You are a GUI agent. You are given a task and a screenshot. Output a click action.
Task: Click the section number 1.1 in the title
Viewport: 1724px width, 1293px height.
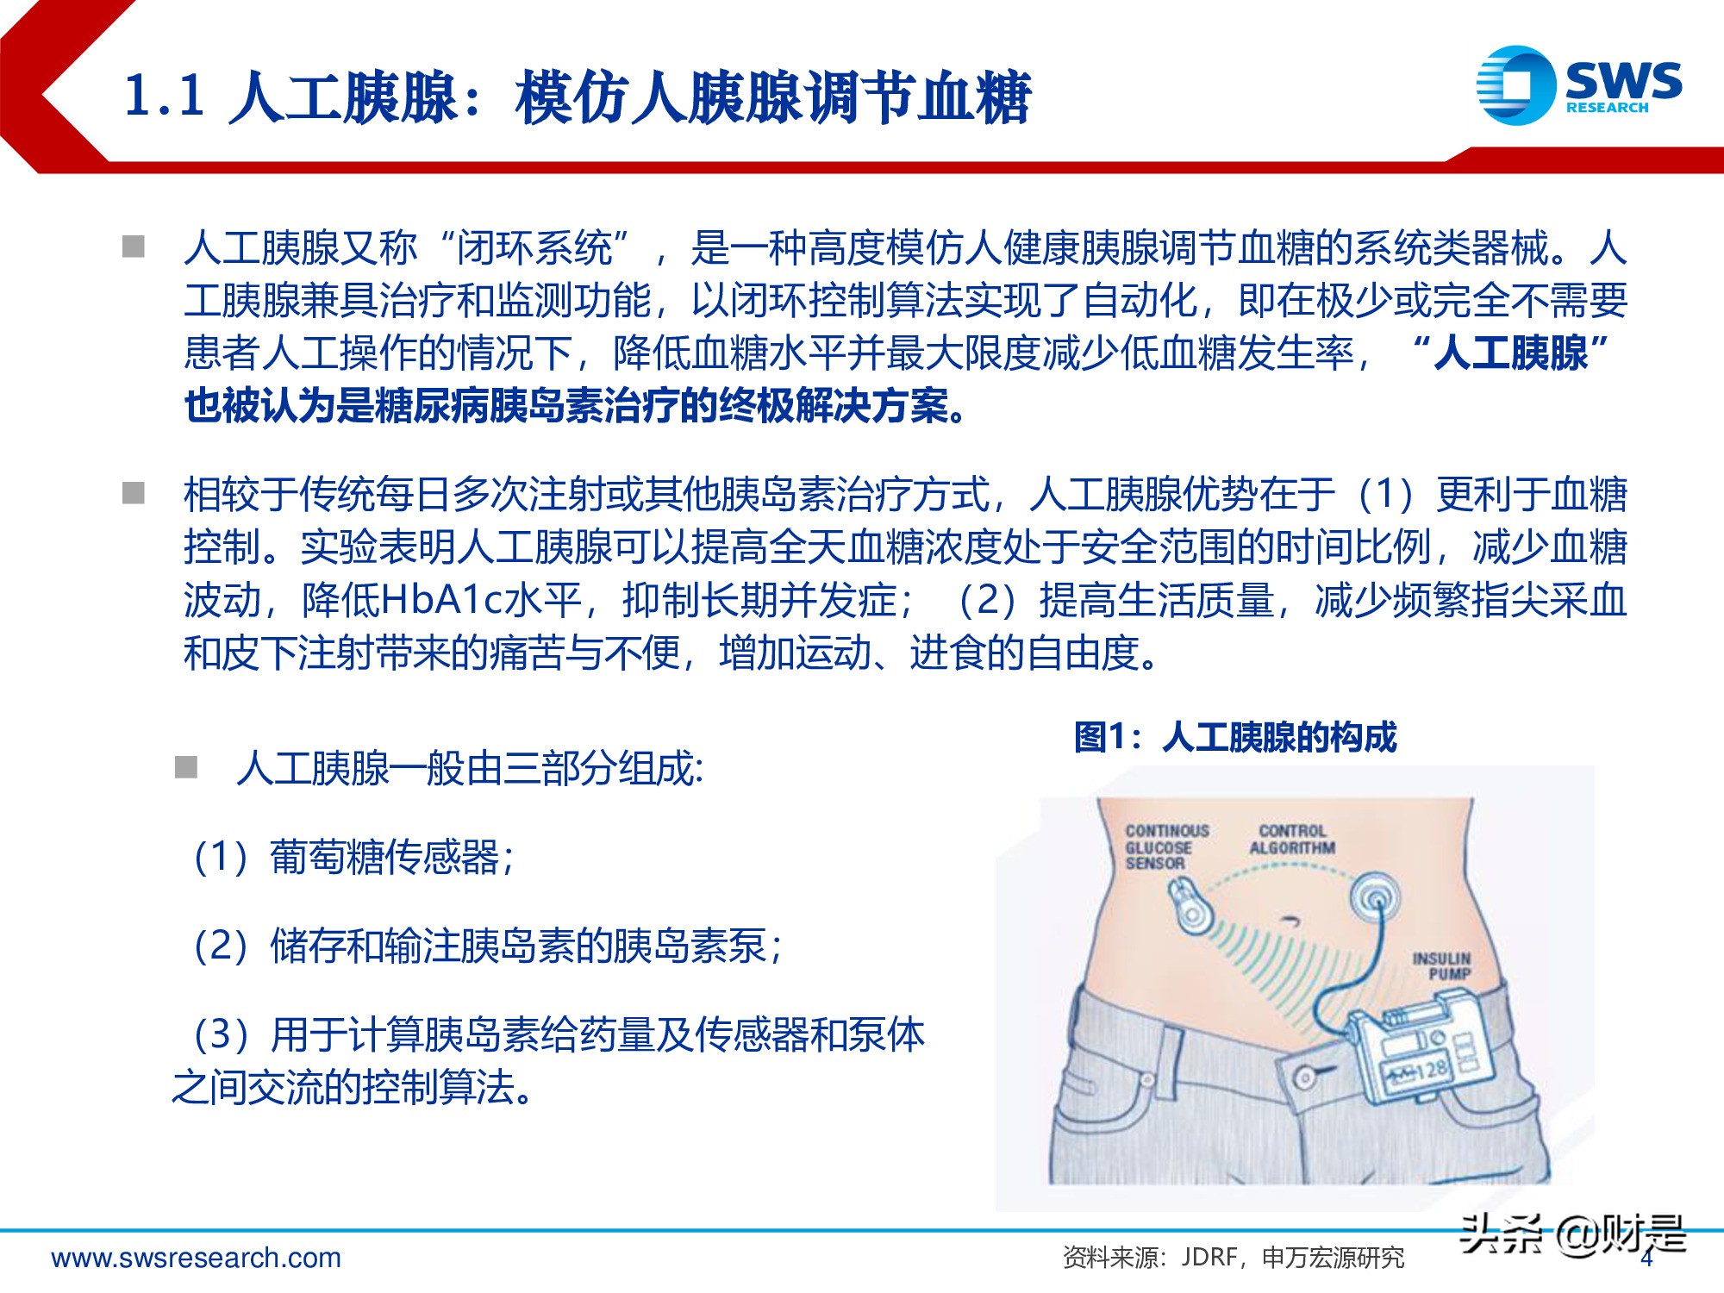tap(164, 95)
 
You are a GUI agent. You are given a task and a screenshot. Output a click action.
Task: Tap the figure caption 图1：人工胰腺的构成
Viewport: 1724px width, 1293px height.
tap(1234, 737)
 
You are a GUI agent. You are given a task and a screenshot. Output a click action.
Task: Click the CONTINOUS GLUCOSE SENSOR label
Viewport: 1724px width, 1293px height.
tap(1166, 846)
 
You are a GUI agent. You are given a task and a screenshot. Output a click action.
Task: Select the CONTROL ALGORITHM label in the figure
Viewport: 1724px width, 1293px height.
tap(1291, 840)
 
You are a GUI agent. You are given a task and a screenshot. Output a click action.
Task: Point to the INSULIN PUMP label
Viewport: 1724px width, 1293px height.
tap(1441, 965)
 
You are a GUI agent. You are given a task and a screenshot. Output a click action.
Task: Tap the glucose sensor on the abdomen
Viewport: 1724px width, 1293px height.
tap(1191, 905)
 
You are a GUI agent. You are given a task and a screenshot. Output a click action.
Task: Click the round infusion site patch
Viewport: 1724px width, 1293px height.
tap(1374, 899)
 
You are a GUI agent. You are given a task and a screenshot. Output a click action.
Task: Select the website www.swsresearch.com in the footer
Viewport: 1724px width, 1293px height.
tap(197, 1258)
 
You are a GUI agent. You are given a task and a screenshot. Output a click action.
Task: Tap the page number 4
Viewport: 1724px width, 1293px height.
tap(1646, 1259)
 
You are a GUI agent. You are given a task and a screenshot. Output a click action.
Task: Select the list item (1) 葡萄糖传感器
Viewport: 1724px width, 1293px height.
tap(353, 857)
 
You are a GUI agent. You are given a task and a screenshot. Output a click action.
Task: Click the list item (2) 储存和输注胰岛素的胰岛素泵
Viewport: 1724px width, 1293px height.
tap(487, 946)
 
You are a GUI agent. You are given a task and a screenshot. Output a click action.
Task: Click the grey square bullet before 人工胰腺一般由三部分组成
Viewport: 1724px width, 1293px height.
tap(186, 767)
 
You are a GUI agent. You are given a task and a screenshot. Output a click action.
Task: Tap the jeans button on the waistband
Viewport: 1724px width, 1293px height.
tap(1306, 1077)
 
